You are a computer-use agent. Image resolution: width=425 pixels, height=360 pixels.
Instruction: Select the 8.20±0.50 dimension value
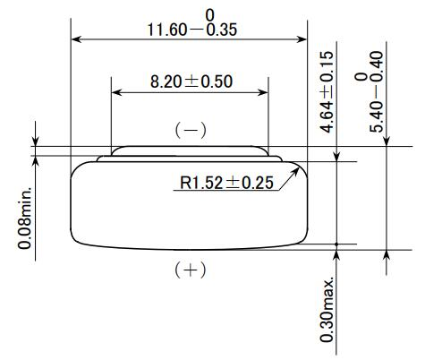click(x=190, y=81)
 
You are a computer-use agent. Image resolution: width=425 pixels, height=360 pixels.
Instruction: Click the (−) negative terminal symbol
click(x=190, y=130)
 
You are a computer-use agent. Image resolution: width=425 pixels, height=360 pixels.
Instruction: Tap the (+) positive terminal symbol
click(x=190, y=270)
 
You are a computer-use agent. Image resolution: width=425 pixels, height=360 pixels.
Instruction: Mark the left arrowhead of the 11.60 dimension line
click(x=75, y=39)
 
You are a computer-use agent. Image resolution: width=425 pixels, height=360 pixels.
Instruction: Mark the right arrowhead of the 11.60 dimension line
click(x=302, y=39)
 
